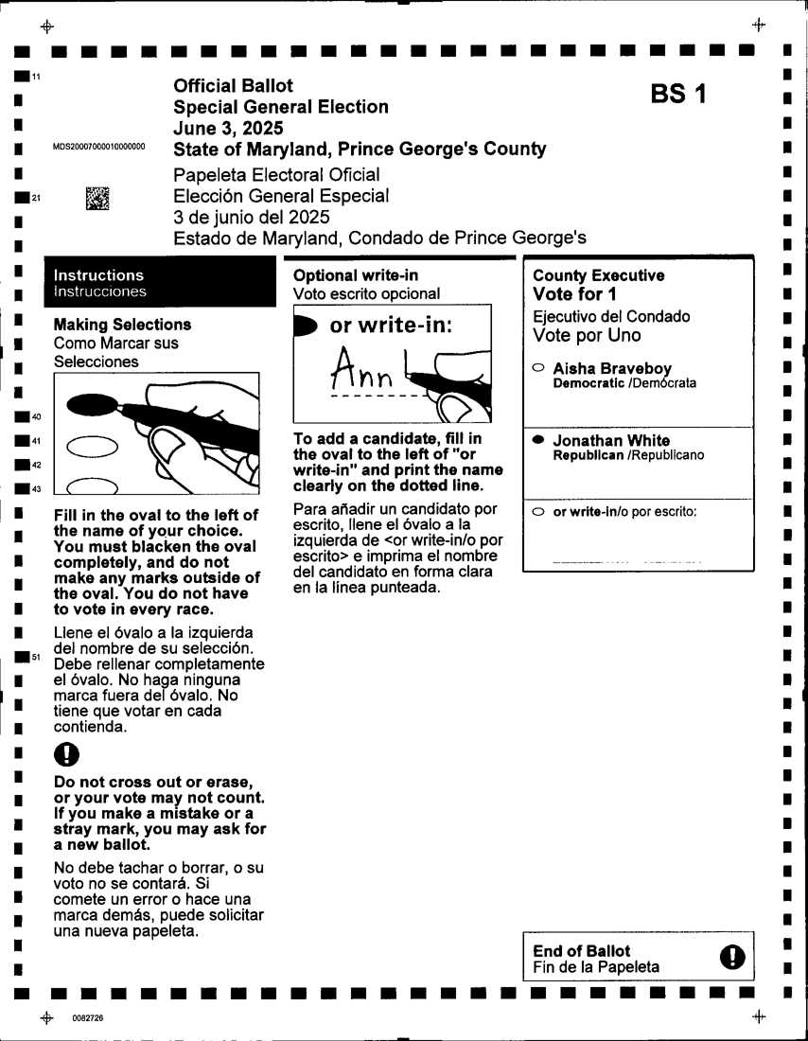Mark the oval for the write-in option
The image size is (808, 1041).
(538, 512)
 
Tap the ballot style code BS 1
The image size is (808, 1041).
(677, 94)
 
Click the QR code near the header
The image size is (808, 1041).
(97, 199)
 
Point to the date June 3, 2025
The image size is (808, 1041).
(228, 128)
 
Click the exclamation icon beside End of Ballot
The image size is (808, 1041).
(733, 958)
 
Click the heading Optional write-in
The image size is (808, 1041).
(356, 275)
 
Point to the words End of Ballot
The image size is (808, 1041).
(581, 951)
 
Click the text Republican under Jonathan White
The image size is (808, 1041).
(588, 455)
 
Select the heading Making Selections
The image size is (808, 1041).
(122, 325)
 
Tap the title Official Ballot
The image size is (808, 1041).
(233, 86)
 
